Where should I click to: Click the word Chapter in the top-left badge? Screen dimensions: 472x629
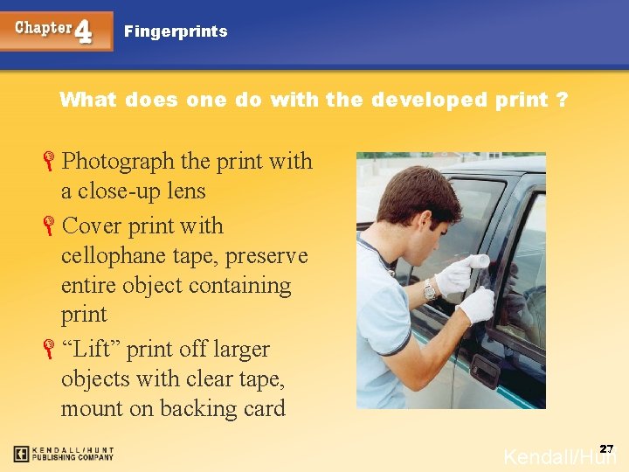(x=44, y=27)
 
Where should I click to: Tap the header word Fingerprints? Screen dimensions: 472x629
(x=176, y=31)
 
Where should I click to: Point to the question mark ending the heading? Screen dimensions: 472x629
(x=563, y=100)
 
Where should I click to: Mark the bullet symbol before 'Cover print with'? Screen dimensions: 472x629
(x=51, y=226)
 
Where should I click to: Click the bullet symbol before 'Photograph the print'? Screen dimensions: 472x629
(x=51, y=162)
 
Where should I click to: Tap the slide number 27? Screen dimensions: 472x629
(x=606, y=448)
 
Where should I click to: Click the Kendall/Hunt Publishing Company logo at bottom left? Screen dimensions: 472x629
(x=63, y=454)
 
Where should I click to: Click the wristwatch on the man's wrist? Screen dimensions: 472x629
(x=429, y=289)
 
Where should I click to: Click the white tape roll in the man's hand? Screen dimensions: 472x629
(x=477, y=261)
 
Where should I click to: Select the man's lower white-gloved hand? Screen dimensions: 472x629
(x=477, y=305)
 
